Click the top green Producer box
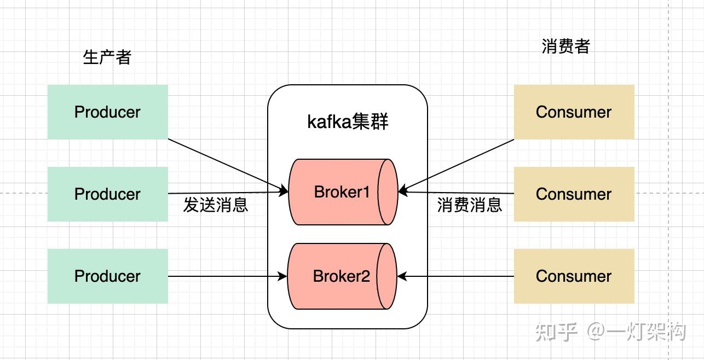coord(107,112)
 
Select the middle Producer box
coord(107,194)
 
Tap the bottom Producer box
coord(107,276)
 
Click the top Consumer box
coord(574,112)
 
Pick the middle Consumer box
coord(574,194)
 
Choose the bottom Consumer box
coord(574,276)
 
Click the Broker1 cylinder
coord(342,192)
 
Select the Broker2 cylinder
coord(342,276)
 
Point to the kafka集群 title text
coord(348,121)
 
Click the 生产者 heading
coord(107,57)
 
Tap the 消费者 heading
coord(565,47)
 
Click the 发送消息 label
coord(215,205)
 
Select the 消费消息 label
coord(469,205)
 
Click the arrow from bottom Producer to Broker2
coord(227,276)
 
